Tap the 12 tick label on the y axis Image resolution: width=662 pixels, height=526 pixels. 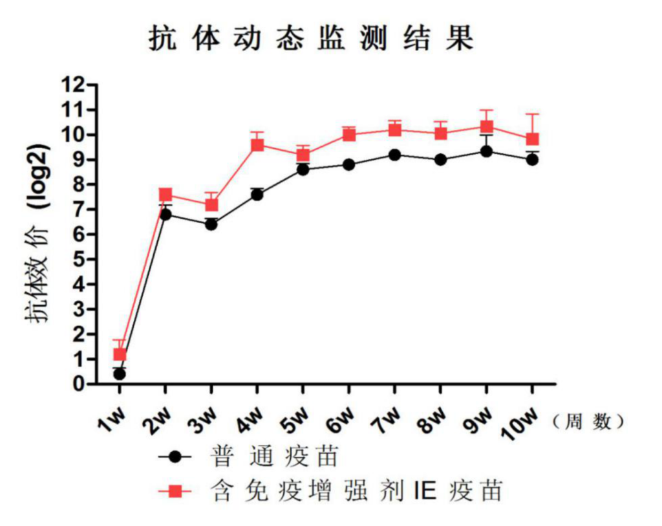coord(75,85)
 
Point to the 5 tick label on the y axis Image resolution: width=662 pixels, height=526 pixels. coord(80,259)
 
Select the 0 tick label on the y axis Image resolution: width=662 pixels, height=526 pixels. coord(80,384)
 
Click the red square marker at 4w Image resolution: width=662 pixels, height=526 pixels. coord(257,144)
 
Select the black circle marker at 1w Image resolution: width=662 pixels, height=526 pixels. coord(120,374)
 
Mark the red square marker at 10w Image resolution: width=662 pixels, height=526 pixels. coord(532,139)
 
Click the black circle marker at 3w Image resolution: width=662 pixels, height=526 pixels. coord(211,225)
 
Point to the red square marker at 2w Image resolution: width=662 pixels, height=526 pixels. coord(165,195)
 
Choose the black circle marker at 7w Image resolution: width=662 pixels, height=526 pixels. coord(394,155)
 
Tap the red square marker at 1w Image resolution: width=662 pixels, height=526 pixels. coord(120,354)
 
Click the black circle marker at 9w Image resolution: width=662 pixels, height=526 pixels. coord(486,151)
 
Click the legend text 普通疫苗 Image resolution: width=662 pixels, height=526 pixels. coord(275,457)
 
